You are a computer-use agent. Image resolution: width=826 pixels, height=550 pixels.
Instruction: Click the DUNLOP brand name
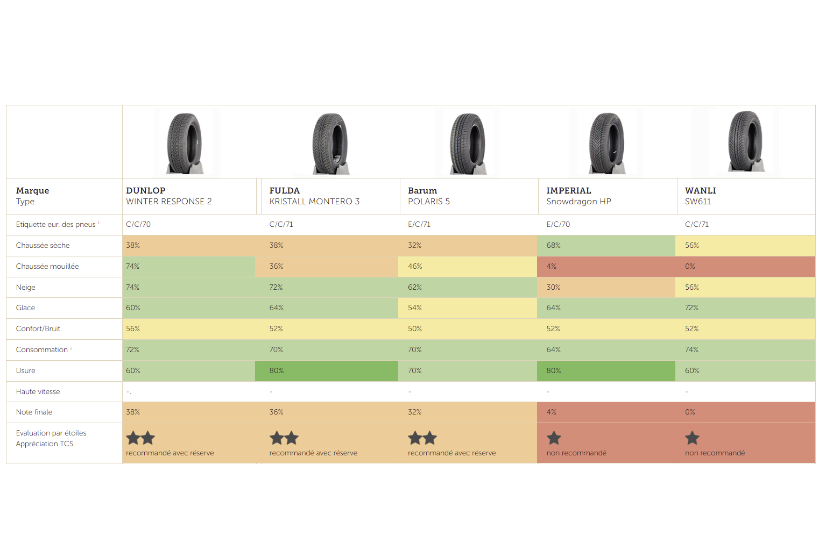(145, 190)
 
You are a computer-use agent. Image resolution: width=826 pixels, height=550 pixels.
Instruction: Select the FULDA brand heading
(284, 190)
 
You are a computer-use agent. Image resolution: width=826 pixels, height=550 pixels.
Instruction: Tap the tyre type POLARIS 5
(428, 202)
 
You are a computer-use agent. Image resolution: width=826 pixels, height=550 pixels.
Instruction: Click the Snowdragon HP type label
(578, 202)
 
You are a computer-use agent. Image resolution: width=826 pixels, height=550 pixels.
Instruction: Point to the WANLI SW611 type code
(697, 202)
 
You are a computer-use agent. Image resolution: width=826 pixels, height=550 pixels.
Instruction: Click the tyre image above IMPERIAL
(606, 144)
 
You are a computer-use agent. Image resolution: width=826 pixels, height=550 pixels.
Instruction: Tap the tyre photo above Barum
(467, 144)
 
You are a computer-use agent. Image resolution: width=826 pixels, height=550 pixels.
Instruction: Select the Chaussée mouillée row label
(47, 266)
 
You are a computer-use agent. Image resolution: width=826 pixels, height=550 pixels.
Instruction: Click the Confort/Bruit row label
(38, 328)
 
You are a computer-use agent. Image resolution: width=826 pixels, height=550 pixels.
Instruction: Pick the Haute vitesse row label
(38, 391)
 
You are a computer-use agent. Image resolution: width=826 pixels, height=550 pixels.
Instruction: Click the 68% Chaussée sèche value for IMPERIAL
(553, 245)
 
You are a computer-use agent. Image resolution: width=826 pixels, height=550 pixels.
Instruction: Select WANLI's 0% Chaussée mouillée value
(690, 266)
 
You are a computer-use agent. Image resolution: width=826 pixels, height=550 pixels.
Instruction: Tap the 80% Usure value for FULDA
(276, 370)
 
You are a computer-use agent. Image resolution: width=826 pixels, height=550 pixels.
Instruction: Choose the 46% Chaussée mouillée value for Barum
(414, 266)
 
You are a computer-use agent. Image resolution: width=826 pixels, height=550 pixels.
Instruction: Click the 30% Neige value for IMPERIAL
(553, 287)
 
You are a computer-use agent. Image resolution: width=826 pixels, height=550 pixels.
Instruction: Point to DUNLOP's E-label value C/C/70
(138, 224)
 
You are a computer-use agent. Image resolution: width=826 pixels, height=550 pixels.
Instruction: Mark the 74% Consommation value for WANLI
(691, 349)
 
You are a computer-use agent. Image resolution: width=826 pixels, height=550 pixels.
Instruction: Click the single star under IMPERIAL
(554, 438)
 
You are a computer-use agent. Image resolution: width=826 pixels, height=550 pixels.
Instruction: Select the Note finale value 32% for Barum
(414, 412)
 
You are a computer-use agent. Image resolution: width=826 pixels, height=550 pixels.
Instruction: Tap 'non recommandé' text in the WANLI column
(715, 453)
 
